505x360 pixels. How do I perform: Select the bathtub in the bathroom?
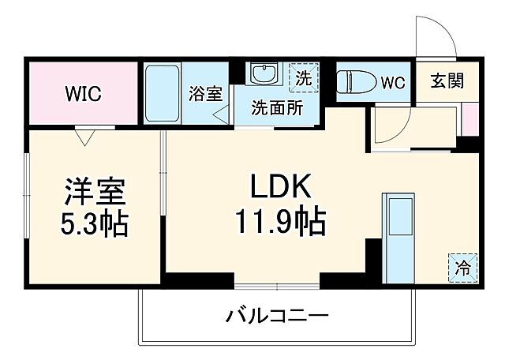163,93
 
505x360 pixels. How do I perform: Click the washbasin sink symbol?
263,74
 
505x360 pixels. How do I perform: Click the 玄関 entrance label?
447,81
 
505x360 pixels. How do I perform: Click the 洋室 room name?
94,192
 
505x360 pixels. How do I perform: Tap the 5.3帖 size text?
94,225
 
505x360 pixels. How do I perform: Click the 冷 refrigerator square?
464,266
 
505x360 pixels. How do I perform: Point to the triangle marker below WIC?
85,137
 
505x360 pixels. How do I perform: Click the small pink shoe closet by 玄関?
469,118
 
